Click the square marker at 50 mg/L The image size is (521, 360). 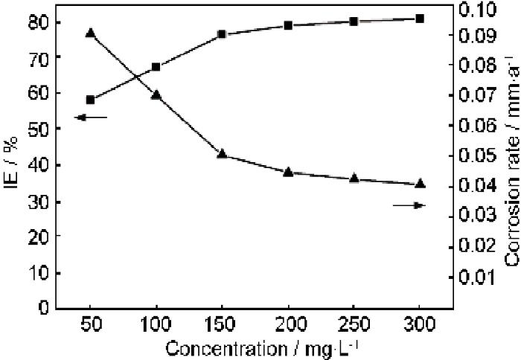point(90,100)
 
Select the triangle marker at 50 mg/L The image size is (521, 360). point(90,33)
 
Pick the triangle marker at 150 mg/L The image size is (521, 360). point(222,154)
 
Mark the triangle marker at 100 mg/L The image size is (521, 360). point(156,95)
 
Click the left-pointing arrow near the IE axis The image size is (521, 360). point(91,118)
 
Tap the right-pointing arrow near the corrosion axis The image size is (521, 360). point(409,205)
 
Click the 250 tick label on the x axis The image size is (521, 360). point(354,327)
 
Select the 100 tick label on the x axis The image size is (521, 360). point(156,327)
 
